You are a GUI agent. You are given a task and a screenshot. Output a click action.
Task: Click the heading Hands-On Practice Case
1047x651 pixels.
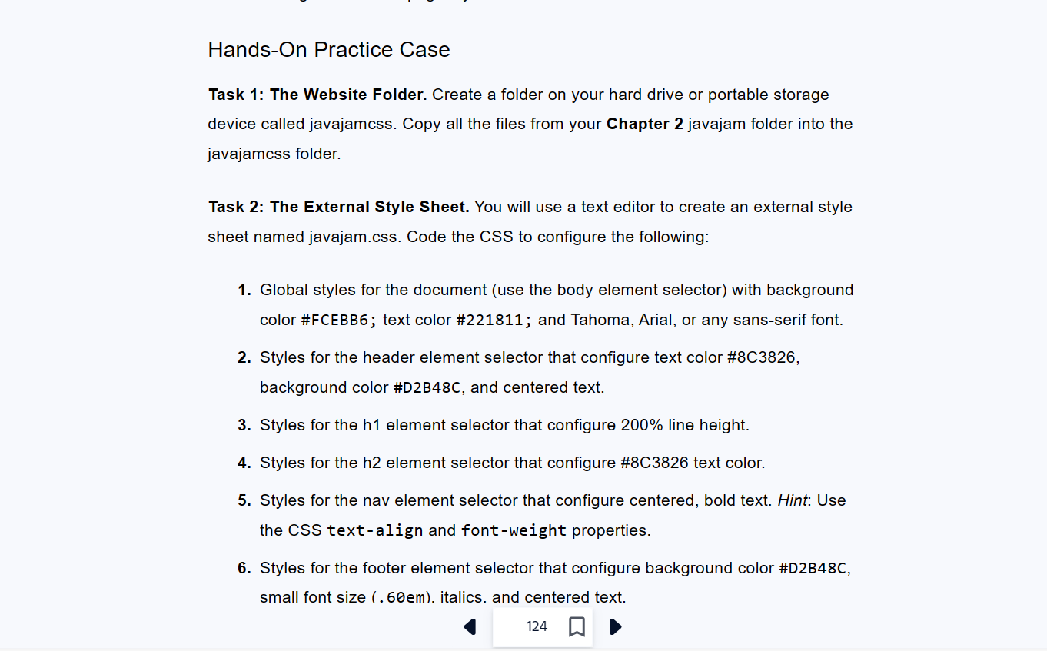point(329,50)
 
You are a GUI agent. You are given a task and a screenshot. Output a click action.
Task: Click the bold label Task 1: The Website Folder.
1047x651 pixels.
point(317,95)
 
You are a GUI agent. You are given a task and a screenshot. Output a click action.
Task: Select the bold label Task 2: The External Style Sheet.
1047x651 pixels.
point(338,207)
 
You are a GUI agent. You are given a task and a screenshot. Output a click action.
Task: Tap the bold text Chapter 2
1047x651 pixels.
point(644,124)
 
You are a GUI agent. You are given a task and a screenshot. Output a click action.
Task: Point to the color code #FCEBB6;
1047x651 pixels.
point(339,320)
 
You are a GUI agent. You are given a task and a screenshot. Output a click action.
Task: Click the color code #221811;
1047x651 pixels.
point(494,320)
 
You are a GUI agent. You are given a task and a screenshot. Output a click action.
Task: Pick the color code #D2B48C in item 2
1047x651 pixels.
point(427,388)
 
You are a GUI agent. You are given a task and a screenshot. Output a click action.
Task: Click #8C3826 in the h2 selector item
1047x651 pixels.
point(654,463)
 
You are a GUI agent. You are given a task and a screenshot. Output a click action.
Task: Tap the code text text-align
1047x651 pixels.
point(374,530)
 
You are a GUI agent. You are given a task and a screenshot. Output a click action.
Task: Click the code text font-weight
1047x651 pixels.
point(514,530)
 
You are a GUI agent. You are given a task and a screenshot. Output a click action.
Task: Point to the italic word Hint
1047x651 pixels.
point(792,500)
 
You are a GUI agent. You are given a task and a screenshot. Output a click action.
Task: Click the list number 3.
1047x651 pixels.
point(244,425)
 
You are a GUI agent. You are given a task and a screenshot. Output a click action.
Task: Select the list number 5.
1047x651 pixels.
point(244,500)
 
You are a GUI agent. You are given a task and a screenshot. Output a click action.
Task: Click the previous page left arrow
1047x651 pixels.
point(470,627)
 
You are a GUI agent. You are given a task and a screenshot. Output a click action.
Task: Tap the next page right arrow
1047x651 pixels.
point(615,627)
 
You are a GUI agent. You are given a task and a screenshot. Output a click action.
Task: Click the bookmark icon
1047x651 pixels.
point(577,627)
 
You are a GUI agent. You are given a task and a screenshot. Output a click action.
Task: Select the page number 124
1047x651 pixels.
point(537,627)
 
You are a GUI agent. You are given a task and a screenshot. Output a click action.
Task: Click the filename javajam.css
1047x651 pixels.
point(354,237)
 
